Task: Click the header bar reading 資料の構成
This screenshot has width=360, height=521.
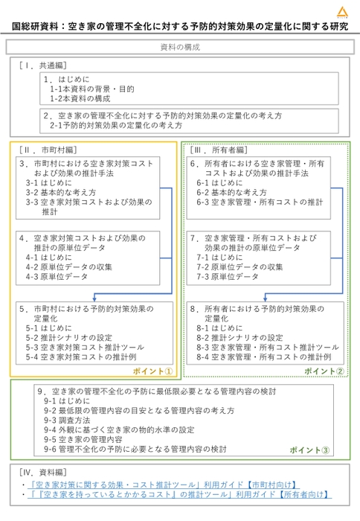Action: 179,47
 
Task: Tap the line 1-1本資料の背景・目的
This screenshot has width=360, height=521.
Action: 91,89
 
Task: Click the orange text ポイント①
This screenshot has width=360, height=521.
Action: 153,370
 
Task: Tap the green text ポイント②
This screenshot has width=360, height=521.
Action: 324,370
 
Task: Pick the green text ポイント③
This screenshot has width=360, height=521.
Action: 310,450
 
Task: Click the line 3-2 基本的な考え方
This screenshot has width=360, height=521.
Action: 60,191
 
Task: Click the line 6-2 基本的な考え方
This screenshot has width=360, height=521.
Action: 231,191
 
